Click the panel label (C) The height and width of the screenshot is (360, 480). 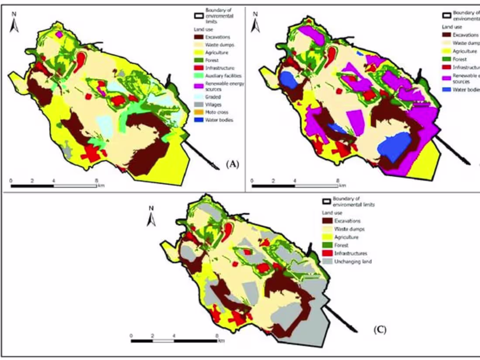pos(380,329)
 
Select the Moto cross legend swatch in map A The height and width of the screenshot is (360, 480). pos(199,112)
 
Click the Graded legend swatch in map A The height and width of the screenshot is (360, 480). pos(199,97)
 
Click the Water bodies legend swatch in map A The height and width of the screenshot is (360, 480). pos(199,120)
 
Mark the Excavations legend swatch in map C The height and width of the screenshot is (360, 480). pos(328,221)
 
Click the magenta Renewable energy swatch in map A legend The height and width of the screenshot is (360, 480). pos(199,85)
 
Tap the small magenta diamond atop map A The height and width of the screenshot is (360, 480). pos(59,34)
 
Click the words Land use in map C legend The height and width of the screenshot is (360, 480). pos(330,213)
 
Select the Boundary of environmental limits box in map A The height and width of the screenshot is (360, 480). pos(199,15)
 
